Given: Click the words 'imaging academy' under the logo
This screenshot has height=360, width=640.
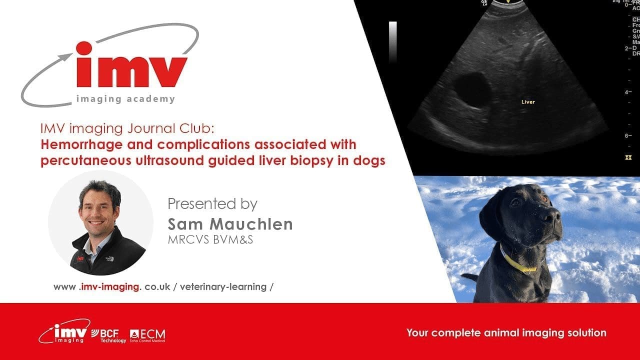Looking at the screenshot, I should click(x=125, y=99).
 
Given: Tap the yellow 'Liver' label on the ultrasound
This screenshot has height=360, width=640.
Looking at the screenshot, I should click(x=528, y=102).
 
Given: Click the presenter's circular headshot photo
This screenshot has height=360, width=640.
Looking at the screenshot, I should click(x=100, y=222).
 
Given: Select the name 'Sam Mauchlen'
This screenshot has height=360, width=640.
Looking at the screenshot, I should click(x=230, y=224).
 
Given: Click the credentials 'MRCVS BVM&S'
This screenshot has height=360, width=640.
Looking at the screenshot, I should click(x=210, y=239).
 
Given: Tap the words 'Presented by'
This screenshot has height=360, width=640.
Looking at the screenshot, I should click(x=212, y=204).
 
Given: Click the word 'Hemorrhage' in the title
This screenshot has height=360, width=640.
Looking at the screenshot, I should click(x=76, y=144).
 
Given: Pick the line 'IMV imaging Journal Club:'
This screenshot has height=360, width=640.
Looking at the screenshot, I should click(x=127, y=129).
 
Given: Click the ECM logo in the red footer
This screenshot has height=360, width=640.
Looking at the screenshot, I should click(x=147, y=335).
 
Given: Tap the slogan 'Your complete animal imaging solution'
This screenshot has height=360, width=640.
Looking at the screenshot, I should click(x=506, y=332).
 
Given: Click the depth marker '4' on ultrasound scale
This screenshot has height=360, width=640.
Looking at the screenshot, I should click(x=625, y=92).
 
